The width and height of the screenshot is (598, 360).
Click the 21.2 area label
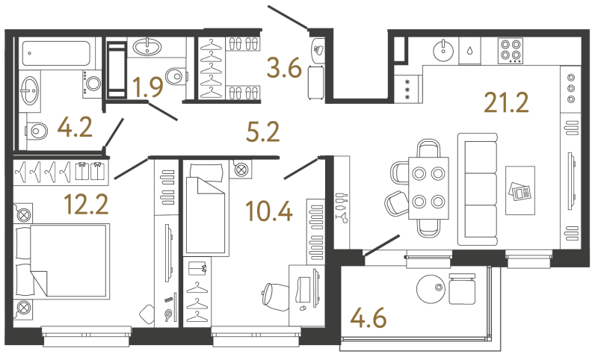pos(506,103)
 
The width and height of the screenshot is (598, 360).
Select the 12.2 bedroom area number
pos(87,204)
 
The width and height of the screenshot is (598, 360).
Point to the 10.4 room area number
pos(269,211)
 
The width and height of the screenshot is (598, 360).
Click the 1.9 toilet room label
pos(148,87)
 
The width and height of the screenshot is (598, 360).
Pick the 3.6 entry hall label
pos(285,68)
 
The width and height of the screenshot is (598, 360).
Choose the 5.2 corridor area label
pos(263,131)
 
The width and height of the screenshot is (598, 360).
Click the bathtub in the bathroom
pos(56,53)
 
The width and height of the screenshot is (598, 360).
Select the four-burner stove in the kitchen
pos(511,51)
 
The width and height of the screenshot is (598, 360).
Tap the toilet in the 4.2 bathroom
pos(36,131)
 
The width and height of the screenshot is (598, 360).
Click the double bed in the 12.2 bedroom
pos(62,261)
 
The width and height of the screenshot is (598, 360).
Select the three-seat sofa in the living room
pos(478,189)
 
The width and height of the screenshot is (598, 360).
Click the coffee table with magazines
pos(520,190)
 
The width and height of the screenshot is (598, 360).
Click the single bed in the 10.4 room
pos(205,209)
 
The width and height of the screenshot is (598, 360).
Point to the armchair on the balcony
pos(462,289)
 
